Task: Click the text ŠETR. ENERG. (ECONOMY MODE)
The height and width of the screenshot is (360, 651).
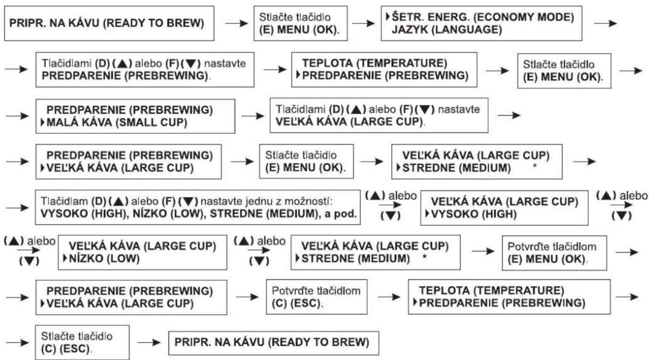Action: [483, 17]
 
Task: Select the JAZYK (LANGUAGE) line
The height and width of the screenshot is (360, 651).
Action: [447, 29]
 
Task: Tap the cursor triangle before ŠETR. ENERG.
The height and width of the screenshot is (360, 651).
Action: [388, 17]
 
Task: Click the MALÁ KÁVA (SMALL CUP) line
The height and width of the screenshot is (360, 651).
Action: [117, 122]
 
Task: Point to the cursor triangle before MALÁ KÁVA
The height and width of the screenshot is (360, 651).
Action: [42, 122]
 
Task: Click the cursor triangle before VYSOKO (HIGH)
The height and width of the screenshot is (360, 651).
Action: [427, 214]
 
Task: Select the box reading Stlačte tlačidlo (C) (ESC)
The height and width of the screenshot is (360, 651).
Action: [82, 342]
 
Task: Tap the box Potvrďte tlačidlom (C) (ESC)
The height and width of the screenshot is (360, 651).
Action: [316, 297]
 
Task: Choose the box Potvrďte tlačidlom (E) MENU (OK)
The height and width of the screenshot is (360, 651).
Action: [555, 253]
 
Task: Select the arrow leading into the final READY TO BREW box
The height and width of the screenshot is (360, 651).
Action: [149, 342]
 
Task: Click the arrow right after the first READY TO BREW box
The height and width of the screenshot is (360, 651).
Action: [237, 23]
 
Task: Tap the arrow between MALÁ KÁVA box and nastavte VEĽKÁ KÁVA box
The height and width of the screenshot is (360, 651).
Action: [253, 116]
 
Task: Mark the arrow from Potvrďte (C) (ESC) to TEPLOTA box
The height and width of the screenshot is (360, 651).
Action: [389, 297]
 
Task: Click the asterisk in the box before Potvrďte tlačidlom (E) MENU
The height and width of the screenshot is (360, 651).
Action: [424, 257]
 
